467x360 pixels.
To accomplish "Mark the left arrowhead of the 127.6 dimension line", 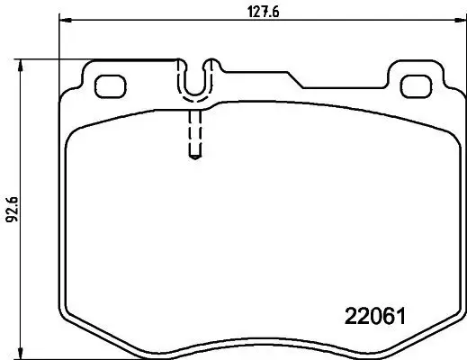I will tap(64, 18).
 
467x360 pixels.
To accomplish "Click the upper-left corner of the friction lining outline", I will tap(76, 130).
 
